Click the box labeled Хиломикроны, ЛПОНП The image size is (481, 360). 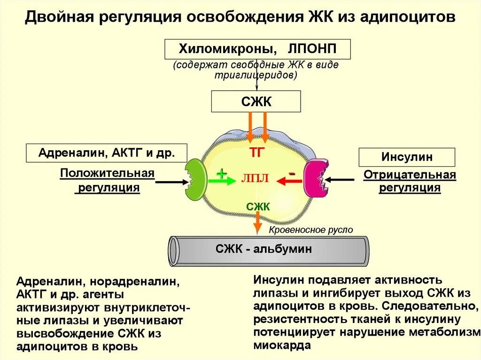click(257, 49)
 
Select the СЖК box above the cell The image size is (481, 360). click(256, 101)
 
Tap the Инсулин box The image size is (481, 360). click(407, 157)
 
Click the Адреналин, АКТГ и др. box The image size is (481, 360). click(107, 153)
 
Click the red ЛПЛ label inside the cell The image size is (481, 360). click(255, 179)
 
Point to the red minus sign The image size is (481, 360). click(292, 174)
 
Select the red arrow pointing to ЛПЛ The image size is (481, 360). click(289, 181)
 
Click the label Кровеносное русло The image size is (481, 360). click(310, 230)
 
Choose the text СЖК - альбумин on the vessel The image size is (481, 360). click(264, 249)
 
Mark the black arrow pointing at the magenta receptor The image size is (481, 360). click(341, 179)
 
